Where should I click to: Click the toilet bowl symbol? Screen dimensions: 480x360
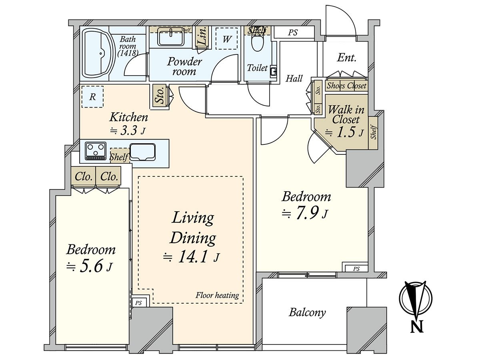pos(257,43)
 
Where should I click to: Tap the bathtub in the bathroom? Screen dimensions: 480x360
pos(98,54)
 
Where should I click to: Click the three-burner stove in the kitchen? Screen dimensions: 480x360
pos(96,151)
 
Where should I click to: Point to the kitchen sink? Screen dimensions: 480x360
pos(142,152)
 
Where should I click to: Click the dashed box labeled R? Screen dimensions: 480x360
pos(92,97)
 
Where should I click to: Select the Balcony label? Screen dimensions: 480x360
pos(307,312)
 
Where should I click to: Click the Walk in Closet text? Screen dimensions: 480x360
pos(346,114)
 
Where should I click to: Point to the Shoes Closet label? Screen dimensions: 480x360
pos(346,86)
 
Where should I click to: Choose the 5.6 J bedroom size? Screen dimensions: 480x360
pos(90,266)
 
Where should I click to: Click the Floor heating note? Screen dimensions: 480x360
pos(217,295)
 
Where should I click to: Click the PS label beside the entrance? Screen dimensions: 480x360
pos(292,32)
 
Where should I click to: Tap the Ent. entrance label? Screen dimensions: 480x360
pos(347,58)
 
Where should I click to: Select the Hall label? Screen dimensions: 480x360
pos(294,78)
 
